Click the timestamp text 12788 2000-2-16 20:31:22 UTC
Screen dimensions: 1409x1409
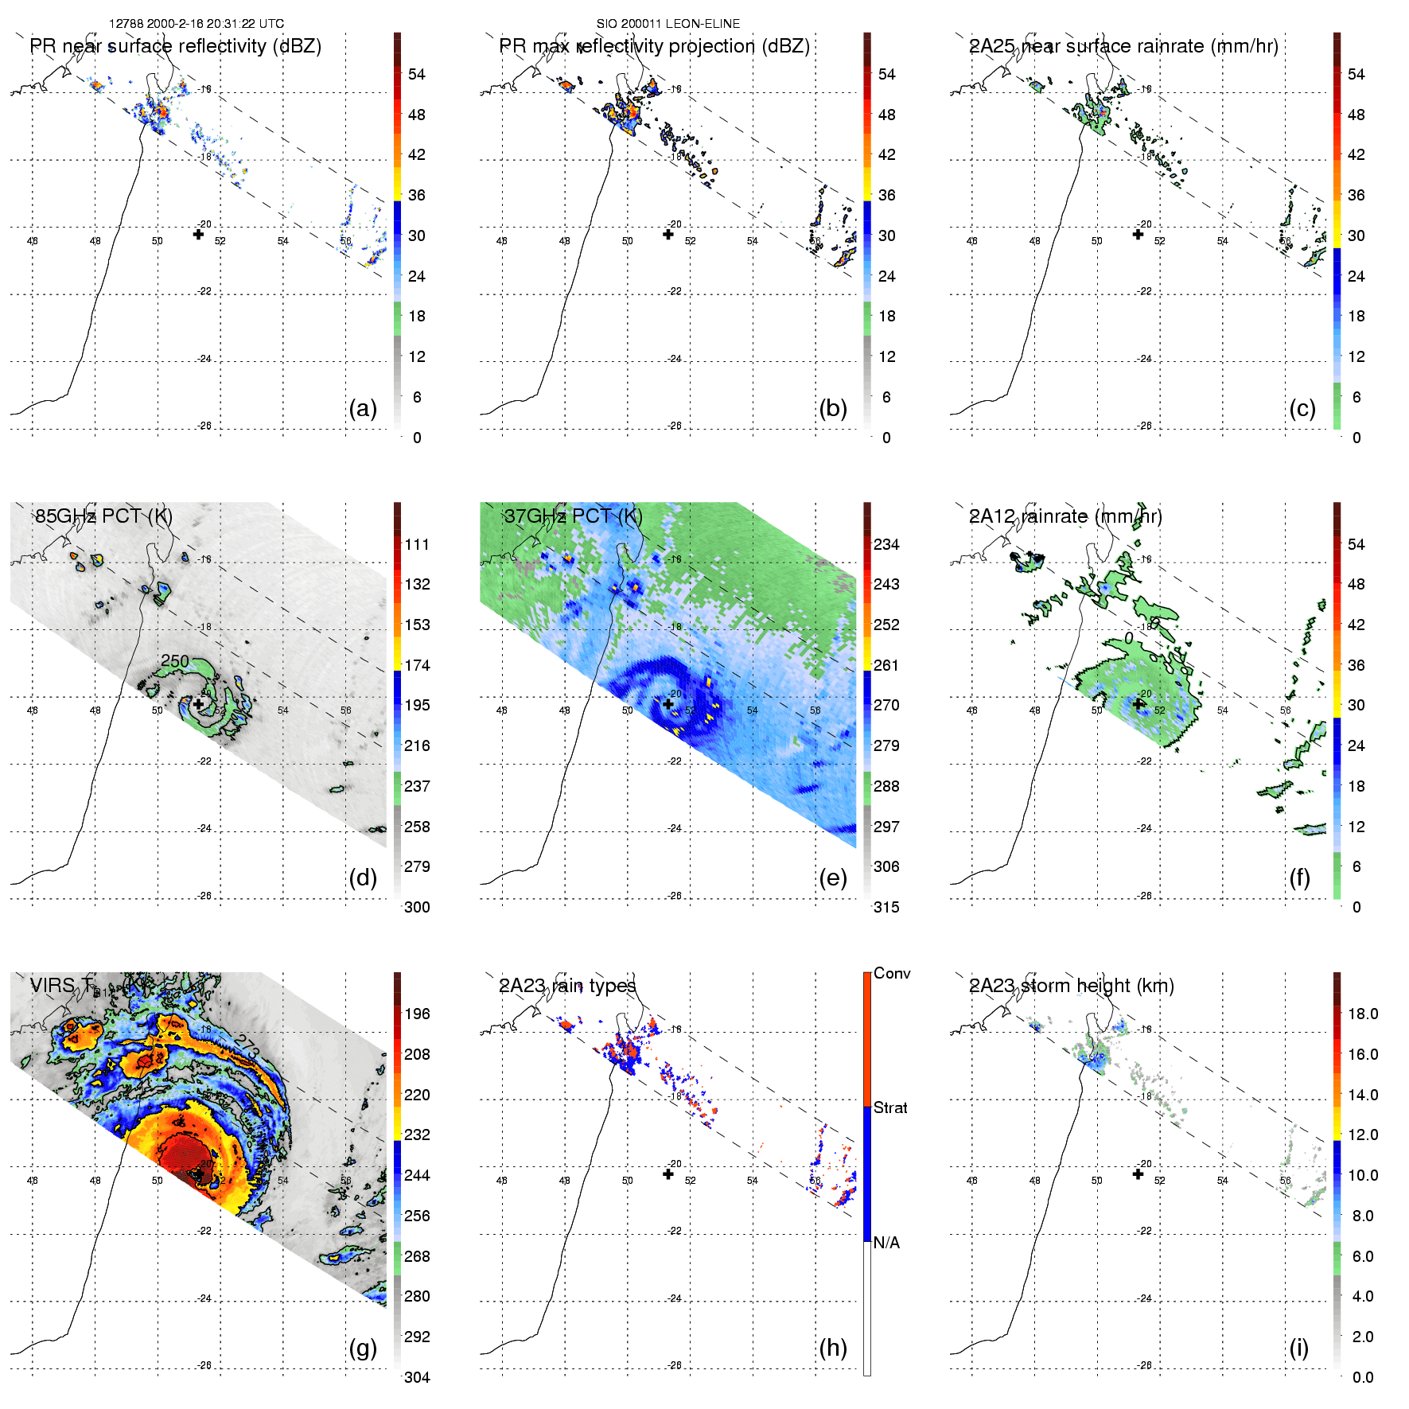[196, 24]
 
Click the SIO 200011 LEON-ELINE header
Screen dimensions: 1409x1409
[668, 24]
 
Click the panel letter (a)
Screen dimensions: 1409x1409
[363, 408]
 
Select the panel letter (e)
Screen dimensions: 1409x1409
[832, 878]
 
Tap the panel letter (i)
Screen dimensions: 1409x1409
[1298, 1348]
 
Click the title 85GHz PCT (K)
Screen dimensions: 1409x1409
[103, 516]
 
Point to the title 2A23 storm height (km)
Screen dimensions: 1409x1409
[1071, 986]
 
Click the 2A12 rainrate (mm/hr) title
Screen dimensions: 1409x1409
[1065, 516]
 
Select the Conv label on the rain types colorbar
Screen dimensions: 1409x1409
[891, 973]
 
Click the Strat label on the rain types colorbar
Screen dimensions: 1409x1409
[889, 1107]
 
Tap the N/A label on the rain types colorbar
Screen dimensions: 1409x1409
[885, 1243]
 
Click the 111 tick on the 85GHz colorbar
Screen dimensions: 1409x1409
[417, 544]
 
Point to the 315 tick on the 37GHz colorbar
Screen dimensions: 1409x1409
[886, 907]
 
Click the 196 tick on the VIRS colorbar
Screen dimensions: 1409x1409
[417, 1014]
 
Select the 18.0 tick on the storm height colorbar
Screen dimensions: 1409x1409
[1362, 1014]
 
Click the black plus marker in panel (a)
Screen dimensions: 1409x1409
[198, 234]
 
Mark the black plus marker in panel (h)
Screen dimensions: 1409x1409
[668, 1174]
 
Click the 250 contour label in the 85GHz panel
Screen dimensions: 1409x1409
[174, 661]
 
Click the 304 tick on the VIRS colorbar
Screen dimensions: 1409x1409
[417, 1377]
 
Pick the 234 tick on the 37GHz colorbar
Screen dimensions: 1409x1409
[886, 544]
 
